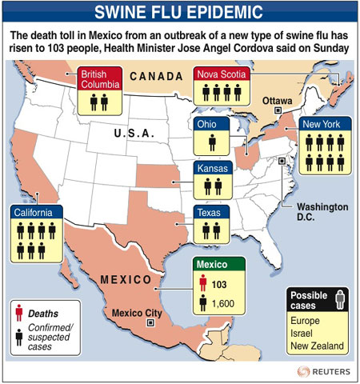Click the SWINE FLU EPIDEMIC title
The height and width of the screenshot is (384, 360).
(x=180, y=13)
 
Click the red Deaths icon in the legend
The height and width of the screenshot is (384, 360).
(x=18, y=313)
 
